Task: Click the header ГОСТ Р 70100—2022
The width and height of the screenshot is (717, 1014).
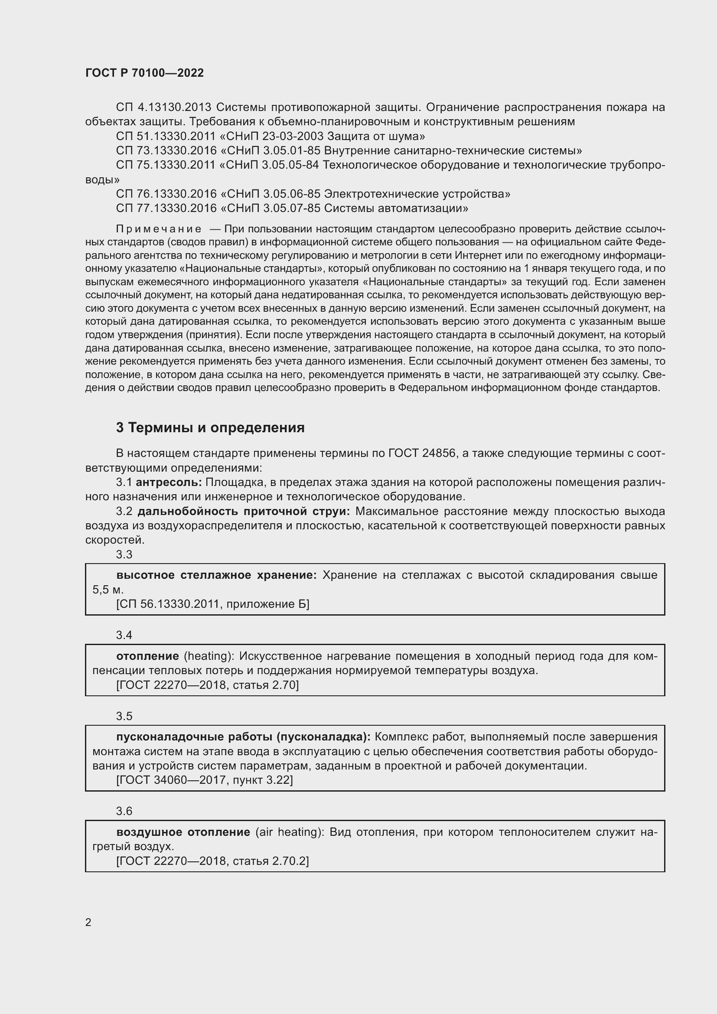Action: click(x=144, y=73)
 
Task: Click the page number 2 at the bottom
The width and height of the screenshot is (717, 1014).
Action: click(x=88, y=922)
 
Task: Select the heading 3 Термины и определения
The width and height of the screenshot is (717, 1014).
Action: click(x=210, y=427)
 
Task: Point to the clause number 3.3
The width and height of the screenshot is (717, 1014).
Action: click(x=124, y=554)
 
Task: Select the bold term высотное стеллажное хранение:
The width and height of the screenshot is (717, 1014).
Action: click(x=216, y=575)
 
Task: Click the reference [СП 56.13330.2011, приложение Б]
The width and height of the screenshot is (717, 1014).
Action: click(x=212, y=604)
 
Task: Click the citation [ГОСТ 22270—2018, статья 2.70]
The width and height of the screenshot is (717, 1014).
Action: click(x=207, y=685)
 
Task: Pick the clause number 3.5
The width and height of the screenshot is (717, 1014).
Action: click(x=124, y=716)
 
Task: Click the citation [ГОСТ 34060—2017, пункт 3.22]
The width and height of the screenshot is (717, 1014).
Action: click(x=205, y=780)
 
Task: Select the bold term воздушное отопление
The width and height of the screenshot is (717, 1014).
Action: click(x=183, y=832)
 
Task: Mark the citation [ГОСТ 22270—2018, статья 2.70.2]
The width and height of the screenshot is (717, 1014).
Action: click(x=212, y=861)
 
